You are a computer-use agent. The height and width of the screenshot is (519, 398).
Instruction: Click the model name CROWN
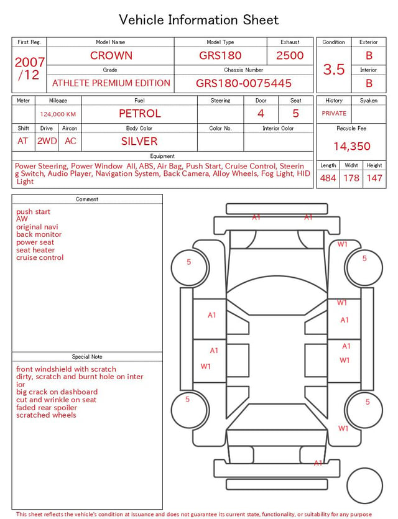(111, 55)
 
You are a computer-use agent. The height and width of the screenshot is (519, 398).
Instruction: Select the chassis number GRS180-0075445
(244, 83)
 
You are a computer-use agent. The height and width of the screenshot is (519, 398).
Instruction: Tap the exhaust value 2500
(290, 55)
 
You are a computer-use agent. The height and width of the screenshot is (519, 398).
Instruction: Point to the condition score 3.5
(334, 69)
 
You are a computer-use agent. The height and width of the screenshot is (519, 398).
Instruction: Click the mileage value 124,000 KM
(58, 114)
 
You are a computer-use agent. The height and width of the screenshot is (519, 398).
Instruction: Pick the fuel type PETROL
(140, 114)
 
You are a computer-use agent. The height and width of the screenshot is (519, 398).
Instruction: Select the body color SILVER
(139, 141)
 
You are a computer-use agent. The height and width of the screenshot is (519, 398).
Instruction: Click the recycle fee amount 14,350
(351, 146)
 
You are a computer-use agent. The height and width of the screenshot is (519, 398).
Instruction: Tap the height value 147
(374, 178)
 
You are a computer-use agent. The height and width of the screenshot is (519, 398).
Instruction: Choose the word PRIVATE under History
(334, 113)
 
